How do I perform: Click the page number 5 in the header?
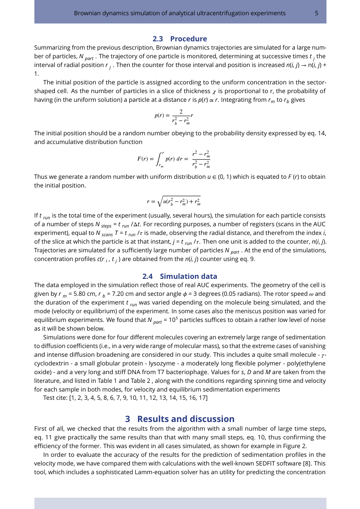point(316,13)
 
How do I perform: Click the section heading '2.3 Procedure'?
point(180,39)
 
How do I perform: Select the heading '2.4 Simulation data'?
point(180,276)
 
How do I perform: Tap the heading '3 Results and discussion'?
point(180,419)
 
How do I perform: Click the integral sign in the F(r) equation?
point(160,158)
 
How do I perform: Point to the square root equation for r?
point(173,201)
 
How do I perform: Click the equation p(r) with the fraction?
point(174,116)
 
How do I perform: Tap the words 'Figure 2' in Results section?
point(294,446)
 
